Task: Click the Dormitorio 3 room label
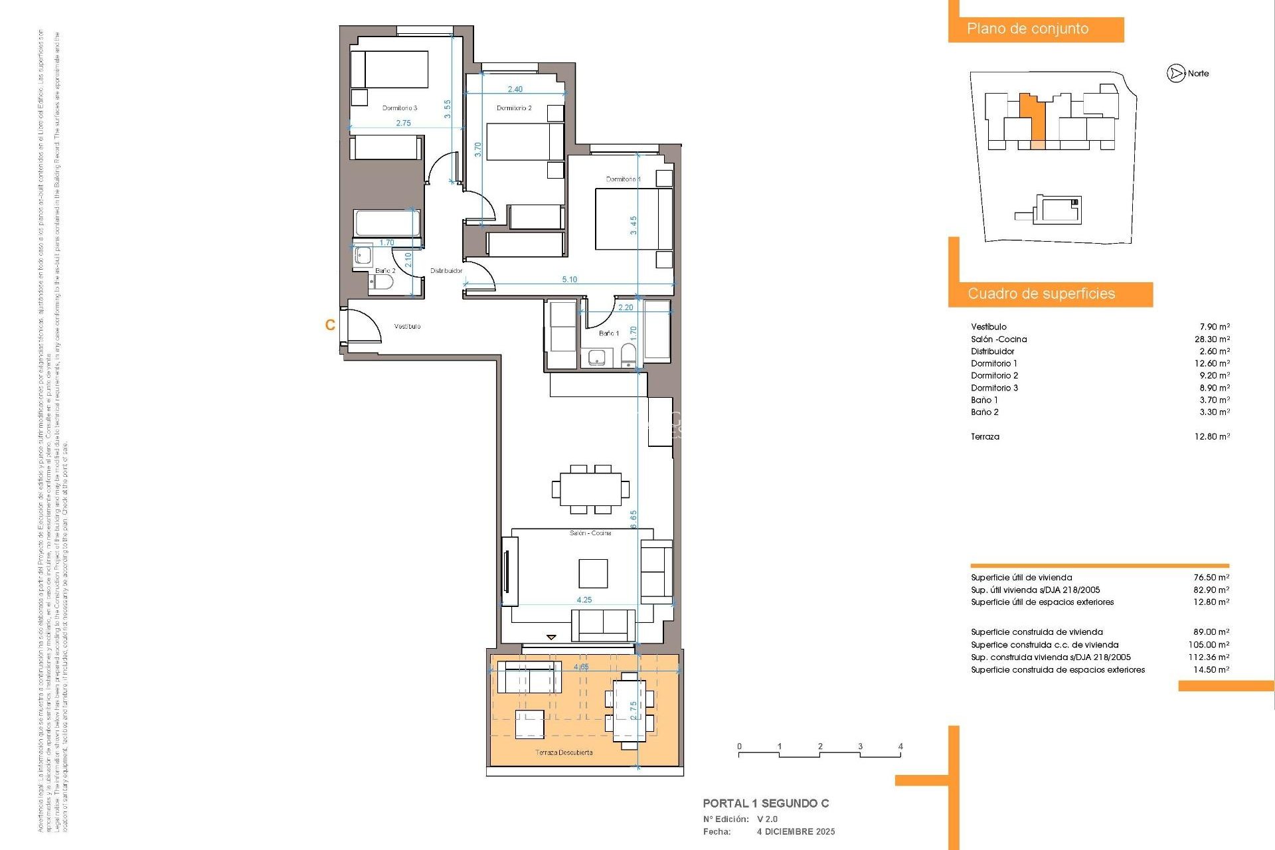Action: click(400, 108)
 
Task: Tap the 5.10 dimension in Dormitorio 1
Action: click(569, 280)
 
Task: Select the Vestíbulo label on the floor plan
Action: click(407, 326)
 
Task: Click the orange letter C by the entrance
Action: click(330, 325)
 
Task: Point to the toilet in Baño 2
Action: click(382, 283)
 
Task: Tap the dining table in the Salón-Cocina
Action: click(590, 489)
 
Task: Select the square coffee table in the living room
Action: click(593, 573)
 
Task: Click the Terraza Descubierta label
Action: click(564, 752)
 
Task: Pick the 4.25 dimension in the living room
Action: click(584, 600)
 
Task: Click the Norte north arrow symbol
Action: click(1176, 74)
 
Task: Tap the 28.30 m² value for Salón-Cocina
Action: click(1212, 339)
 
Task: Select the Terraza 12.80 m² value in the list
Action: click(1212, 436)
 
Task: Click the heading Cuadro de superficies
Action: click(1041, 294)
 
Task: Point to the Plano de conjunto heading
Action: click(1027, 29)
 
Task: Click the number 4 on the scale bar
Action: click(900, 746)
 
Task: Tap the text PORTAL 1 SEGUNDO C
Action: click(766, 804)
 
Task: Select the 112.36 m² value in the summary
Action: click(1209, 657)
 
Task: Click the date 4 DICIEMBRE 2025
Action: click(796, 831)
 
